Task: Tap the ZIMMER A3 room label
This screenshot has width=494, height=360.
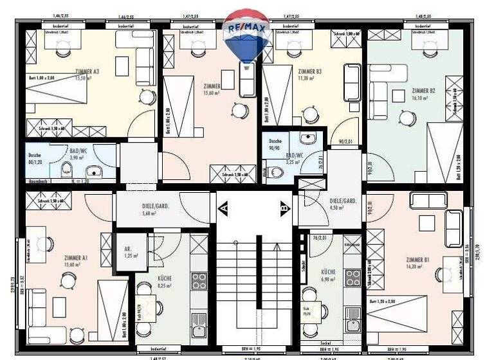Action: click(87, 71)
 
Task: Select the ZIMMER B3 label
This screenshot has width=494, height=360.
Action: click(309, 72)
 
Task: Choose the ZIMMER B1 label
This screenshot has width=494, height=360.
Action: click(418, 260)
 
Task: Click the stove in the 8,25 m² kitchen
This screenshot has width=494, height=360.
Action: click(199, 280)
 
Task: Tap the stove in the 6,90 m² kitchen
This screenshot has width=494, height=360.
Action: click(352, 277)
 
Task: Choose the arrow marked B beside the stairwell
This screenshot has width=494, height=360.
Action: click(284, 208)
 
